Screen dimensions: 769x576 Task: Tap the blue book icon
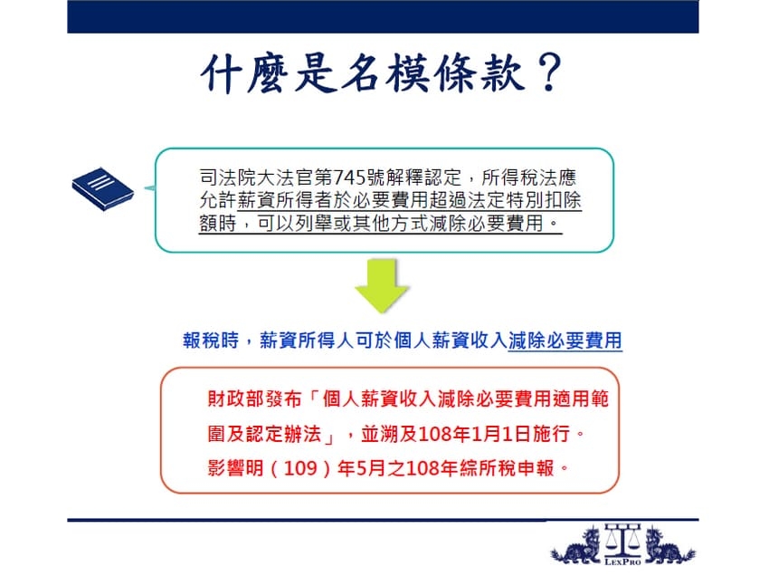(x=102, y=189)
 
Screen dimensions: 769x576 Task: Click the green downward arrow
(x=382, y=285)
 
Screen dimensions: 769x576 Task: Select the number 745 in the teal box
(x=349, y=178)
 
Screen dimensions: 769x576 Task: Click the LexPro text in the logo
(x=622, y=562)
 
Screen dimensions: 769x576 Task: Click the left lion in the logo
(x=577, y=546)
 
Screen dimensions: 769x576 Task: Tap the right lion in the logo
(x=668, y=546)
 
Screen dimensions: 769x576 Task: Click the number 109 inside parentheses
(x=300, y=468)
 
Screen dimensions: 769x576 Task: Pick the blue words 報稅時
(x=211, y=340)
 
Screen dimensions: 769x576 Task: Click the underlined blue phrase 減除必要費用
(x=565, y=341)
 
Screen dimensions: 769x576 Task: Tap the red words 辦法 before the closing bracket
(x=302, y=434)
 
